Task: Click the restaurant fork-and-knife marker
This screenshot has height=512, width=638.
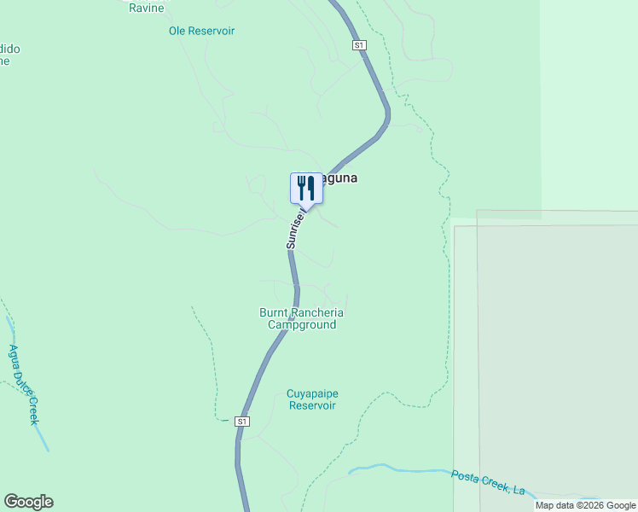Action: pyautogui.click(x=306, y=188)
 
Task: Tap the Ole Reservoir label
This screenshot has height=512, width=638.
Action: pyautogui.click(x=201, y=31)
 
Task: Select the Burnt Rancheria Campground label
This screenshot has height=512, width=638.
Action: pyautogui.click(x=301, y=318)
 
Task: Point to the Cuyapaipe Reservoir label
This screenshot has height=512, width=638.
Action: pyautogui.click(x=312, y=399)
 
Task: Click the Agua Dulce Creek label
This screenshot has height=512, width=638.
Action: pyautogui.click(x=24, y=383)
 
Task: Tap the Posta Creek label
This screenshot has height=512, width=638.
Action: pyautogui.click(x=487, y=481)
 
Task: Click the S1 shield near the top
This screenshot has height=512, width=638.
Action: pyautogui.click(x=358, y=44)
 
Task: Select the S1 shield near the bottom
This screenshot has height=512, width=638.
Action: pyautogui.click(x=242, y=422)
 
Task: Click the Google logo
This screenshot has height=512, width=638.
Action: pyautogui.click(x=28, y=502)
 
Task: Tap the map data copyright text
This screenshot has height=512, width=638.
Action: pyautogui.click(x=586, y=505)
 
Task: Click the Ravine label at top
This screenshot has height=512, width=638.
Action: pyautogui.click(x=146, y=8)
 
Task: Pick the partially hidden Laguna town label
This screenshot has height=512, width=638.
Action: pyautogui.click(x=338, y=178)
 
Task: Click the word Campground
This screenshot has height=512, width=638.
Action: pyautogui.click(x=301, y=324)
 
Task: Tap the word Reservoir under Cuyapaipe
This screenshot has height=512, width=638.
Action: pyautogui.click(x=312, y=405)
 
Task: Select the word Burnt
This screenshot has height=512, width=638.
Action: pyautogui.click(x=275, y=312)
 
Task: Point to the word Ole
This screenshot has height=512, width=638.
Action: pyautogui.click(x=177, y=31)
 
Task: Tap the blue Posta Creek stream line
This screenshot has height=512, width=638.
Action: pyautogui.click(x=401, y=468)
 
